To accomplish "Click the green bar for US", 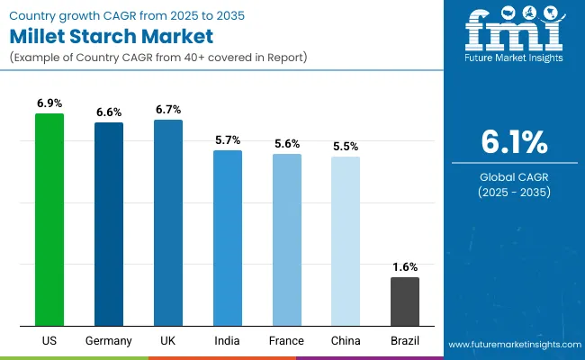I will [49, 220].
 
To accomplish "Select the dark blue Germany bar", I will [109, 224].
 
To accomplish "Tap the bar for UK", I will [168, 222].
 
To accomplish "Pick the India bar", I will [228, 238].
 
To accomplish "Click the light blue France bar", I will [287, 239].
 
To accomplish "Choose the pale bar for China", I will [346, 241].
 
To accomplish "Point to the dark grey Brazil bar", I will [405, 301].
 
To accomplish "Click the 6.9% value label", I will [49, 104].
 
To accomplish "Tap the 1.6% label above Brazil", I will [405, 267].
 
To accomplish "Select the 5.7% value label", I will [228, 140].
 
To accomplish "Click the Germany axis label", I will [109, 341].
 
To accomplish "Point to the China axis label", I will [346, 341].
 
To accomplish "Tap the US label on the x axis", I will [49, 341].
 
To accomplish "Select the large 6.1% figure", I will [513, 143].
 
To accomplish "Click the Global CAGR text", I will [513, 177].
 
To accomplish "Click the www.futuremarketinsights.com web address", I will [513, 345].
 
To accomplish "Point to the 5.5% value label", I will [346, 146].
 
